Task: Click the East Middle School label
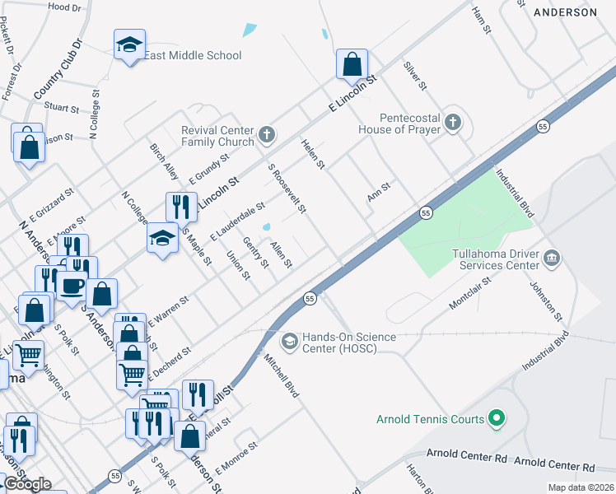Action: click(x=193, y=55)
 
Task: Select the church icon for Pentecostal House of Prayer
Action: click(x=451, y=123)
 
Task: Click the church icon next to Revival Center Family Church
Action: click(x=266, y=134)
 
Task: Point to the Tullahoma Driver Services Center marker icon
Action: click(x=551, y=259)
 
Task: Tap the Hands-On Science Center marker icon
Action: click(x=289, y=340)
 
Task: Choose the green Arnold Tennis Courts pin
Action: click(x=496, y=419)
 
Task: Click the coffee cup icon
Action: click(x=72, y=286)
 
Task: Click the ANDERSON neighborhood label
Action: click(x=565, y=12)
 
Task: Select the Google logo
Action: click(x=27, y=483)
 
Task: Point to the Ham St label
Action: click(x=482, y=14)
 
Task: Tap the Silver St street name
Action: click(x=414, y=75)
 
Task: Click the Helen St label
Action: click(x=313, y=154)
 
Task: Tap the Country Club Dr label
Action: click(x=58, y=70)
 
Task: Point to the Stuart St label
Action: click(x=61, y=108)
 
